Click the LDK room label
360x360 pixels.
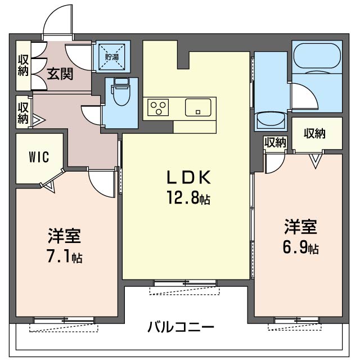point(188,178)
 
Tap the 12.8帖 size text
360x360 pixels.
point(188,199)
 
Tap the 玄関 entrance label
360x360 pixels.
point(59,74)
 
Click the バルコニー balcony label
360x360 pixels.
point(181,327)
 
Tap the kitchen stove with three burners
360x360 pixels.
point(159,107)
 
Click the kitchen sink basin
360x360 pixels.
point(198,107)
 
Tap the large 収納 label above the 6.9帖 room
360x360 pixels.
point(315,133)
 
